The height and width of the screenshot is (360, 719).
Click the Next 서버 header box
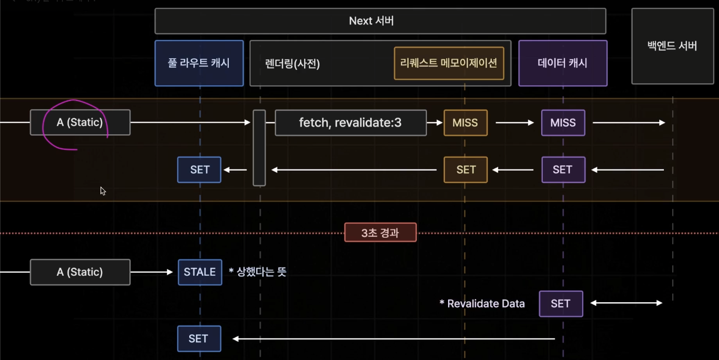coord(380,21)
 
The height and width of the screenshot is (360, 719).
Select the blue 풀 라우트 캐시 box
coord(199,63)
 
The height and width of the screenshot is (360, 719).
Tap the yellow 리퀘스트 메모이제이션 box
coord(449,63)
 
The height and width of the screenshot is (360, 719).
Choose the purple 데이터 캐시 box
coord(563,63)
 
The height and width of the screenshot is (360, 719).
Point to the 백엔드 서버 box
coord(672,46)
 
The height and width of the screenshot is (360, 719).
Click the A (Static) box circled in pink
coord(80,123)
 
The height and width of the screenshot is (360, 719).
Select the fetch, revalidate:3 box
coord(350,123)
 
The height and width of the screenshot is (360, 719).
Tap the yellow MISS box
coord(465,123)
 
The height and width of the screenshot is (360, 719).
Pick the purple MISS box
coord(563,123)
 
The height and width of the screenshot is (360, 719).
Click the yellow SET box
coord(466,170)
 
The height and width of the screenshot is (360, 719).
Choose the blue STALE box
coord(200,272)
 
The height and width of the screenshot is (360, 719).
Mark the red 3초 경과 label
coord(380,233)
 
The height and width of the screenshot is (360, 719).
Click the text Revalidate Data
coord(482,304)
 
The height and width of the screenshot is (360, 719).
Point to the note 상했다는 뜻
coord(258,272)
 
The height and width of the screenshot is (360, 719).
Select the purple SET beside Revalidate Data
coord(560,304)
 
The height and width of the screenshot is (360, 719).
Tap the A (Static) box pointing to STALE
coord(80,272)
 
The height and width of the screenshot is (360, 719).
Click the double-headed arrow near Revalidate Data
coord(626,303)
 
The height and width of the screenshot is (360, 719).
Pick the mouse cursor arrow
coord(102,190)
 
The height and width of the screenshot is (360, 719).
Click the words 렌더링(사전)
coord(292,63)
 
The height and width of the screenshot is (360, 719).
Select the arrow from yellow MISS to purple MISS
coord(514,123)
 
